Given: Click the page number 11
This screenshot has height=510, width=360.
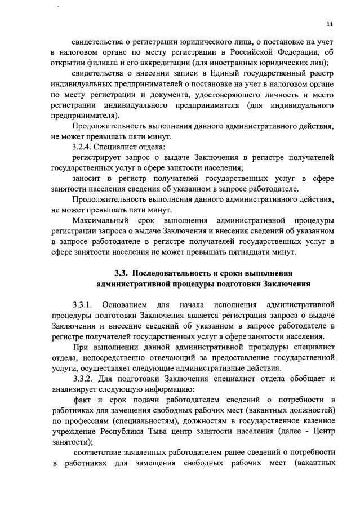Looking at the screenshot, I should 330,24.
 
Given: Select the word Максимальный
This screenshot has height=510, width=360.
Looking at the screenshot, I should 102,220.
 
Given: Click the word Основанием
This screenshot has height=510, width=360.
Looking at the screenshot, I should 133,305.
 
